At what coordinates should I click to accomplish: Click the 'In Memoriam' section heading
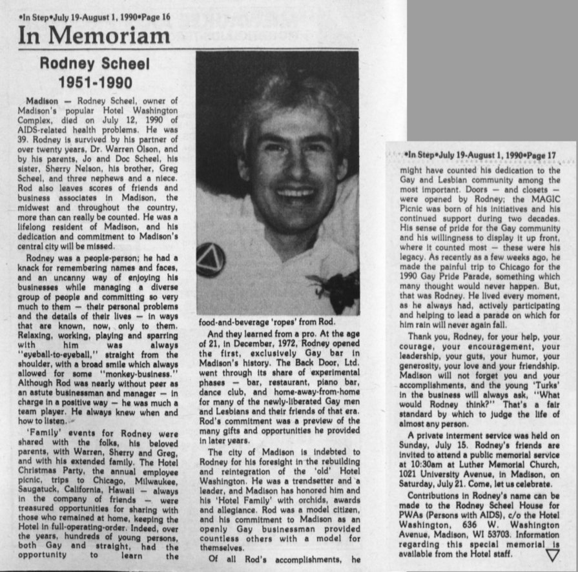click(x=94, y=35)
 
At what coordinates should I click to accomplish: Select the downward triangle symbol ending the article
click(x=552, y=555)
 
